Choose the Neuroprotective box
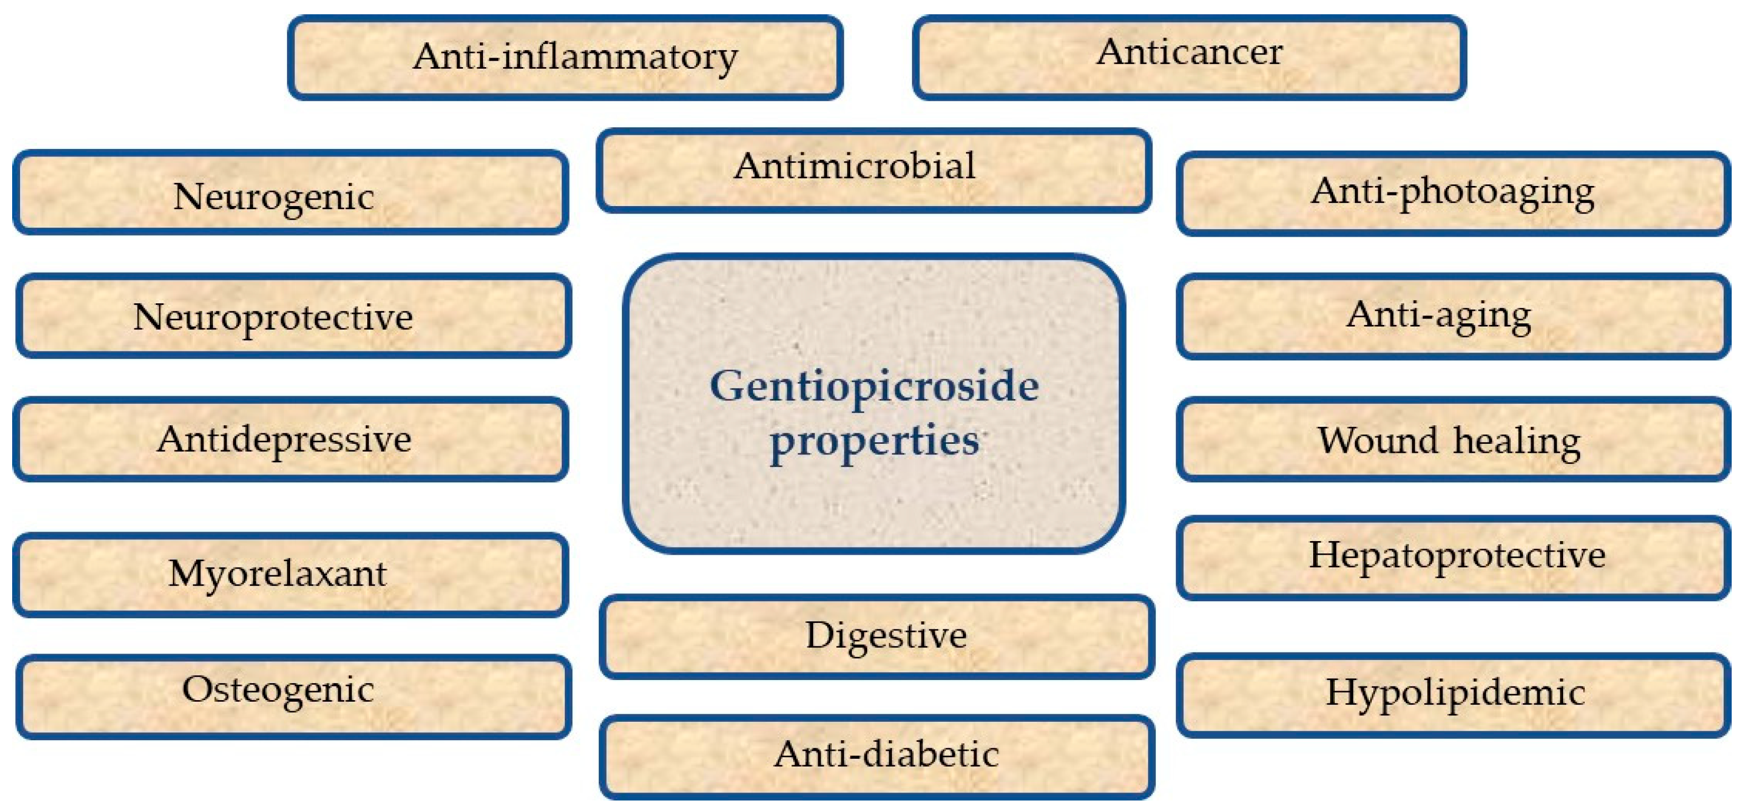293,316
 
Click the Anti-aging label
1438,315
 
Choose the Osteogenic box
293,697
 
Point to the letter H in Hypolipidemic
1341,692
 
